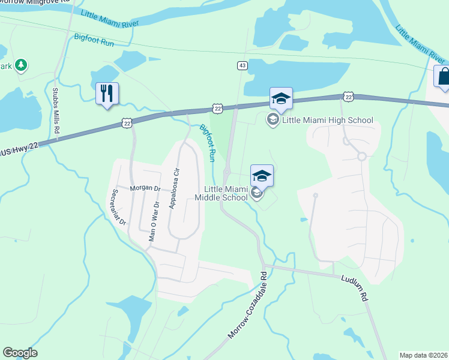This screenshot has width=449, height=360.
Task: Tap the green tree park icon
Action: [21, 64]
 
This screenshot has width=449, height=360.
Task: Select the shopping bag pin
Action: [443, 77]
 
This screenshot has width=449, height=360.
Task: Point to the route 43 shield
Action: [242, 65]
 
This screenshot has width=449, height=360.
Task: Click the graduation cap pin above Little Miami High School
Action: [281, 99]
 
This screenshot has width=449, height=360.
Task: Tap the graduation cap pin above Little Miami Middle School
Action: [262, 176]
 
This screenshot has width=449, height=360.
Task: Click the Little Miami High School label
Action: [328, 120]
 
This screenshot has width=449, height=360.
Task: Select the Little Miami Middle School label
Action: [221, 193]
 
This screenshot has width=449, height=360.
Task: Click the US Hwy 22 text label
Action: [23, 147]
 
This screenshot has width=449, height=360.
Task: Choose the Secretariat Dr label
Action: [118, 207]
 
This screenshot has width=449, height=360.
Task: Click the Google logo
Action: [20, 353]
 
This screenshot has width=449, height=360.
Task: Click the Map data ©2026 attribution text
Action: [424, 355]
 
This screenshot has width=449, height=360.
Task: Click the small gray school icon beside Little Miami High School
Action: [272, 120]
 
